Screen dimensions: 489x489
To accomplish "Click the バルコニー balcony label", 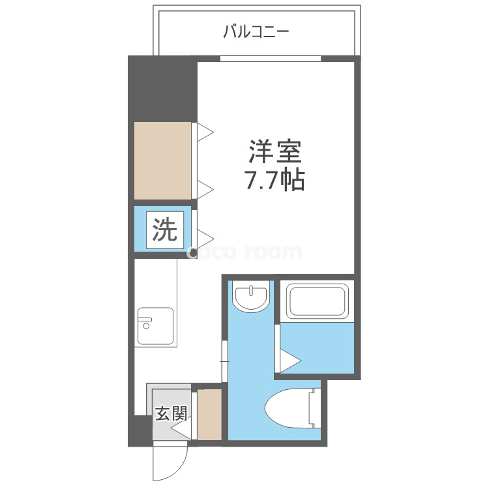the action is click(x=256, y=32).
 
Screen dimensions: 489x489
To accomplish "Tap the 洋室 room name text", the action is click(x=274, y=152).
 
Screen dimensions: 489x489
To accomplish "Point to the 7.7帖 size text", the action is click(x=274, y=181).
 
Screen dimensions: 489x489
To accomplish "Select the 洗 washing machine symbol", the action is click(x=165, y=230).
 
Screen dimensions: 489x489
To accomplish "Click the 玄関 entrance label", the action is click(x=171, y=413).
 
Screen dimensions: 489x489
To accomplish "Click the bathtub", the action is click(x=317, y=301).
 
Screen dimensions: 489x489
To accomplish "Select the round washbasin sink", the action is click(x=252, y=296).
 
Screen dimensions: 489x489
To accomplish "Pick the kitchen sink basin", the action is click(x=155, y=326).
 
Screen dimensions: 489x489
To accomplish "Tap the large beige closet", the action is click(x=162, y=160).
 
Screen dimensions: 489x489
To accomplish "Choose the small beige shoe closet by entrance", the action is click(x=209, y=415).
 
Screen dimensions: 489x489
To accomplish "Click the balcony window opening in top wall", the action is click(x=271, y=59).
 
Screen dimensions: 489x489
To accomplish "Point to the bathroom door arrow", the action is click(x=290, y=361).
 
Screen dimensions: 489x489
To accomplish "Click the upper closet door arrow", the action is click(x=205, y=132).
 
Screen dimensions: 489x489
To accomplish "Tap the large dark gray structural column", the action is click(x=162, y=89).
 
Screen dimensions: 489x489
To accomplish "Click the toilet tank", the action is click(x=315, y=408).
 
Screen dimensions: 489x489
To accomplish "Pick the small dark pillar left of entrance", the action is click(x=140, y=431).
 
